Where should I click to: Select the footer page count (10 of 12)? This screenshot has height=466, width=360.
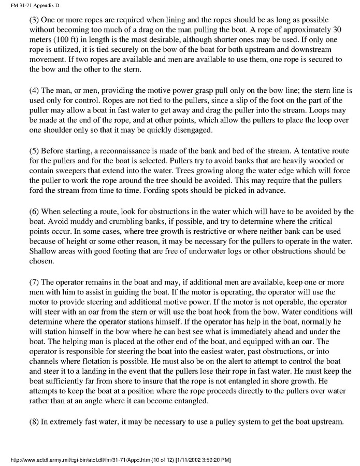coord(146,460)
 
